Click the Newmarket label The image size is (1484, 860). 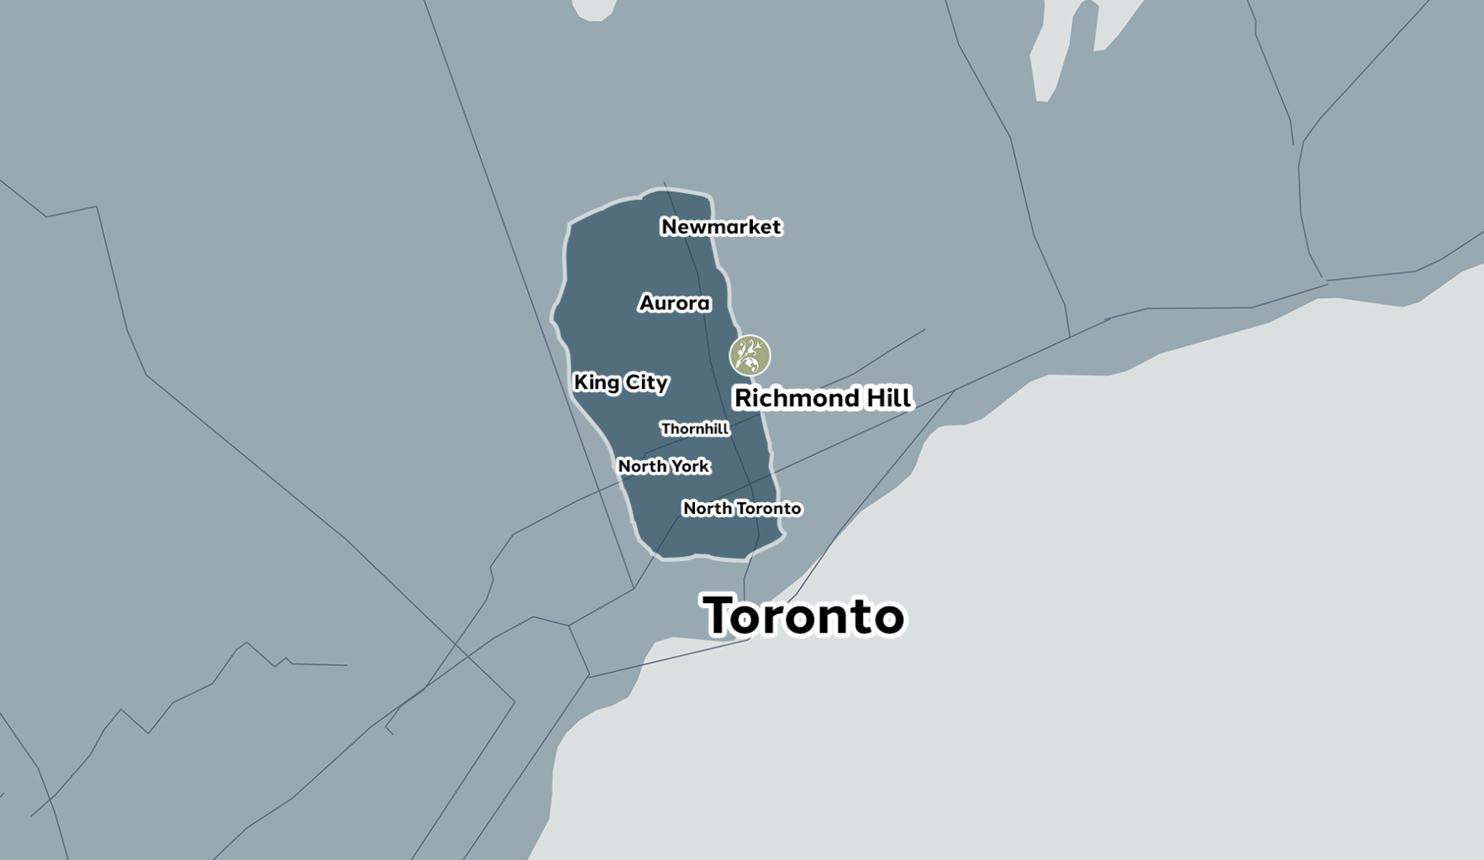[x=721, y=227]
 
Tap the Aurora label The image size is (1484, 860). [x=675, y=303]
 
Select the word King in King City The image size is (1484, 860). [x=596, y=383]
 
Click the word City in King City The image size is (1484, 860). [x=646, y=383]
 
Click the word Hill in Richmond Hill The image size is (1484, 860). [x=889, y=397]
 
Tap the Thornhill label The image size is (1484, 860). [x=694, y=429]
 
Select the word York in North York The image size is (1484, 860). [x=689, y=466]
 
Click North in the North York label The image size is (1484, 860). [x=641, y=466]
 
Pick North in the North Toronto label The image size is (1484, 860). [x=707, y=508]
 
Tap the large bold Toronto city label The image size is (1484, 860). [x=803, y=616]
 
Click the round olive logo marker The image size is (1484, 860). [x=750, y=355]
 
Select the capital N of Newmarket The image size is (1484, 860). [x=670, y=227]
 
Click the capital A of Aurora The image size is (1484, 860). [x=648, y=303]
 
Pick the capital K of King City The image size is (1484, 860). [x=581, y=382]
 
